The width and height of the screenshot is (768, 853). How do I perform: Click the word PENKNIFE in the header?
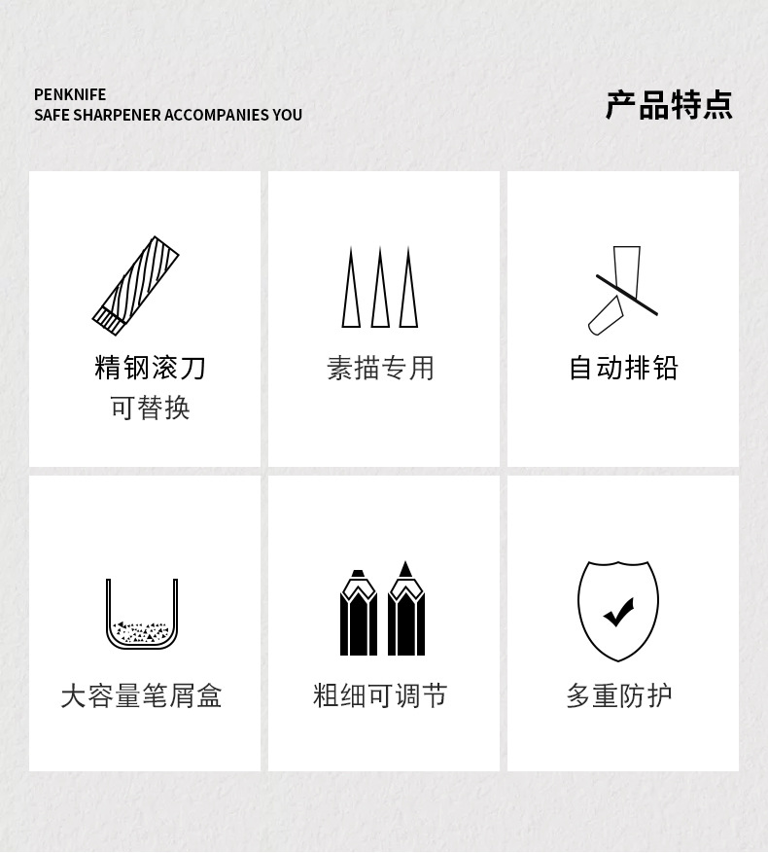click(x=70, y=94)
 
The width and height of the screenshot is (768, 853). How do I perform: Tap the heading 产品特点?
click(x=669, y=105)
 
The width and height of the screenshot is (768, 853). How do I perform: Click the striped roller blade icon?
click(x=135, y=285)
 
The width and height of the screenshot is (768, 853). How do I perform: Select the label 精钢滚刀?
click(x=150, y=368)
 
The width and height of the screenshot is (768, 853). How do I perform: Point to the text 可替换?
click(x=150, y=408)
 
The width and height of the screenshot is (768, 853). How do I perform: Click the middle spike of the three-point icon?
click(x=380, y=287)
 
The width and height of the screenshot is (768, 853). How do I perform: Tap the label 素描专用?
click(x=381, y=369)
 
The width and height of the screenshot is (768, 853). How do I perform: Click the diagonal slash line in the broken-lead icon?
click(x=627, y=295)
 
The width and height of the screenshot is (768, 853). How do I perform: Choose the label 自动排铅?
click(x=623, y=368)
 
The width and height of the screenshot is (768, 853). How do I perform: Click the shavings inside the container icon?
click(x=141, y=632)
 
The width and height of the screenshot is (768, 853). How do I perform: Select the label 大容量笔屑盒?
click(x=141, y=695)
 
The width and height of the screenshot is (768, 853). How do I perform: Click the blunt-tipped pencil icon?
click(x=359, y=613)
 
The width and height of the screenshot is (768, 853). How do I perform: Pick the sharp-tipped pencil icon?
click(x=405, y=609)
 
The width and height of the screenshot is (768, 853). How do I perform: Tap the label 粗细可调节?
click(x=380, y=695)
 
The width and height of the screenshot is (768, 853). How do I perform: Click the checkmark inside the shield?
click(x=619, y=612)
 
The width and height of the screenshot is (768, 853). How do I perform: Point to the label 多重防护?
click(x=619, y=695)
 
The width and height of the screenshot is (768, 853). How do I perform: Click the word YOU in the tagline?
click(x=288, y=116)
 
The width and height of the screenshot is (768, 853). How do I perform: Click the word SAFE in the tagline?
click(x=52, y=116)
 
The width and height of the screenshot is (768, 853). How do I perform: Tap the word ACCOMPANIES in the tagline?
click(x=217, y=116)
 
